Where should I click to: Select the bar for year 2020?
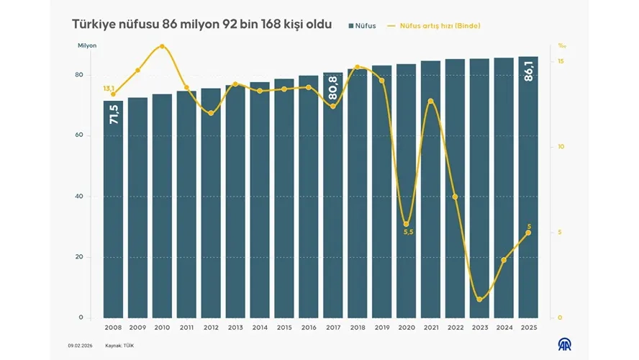pos(406,191)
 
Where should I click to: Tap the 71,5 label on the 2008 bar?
pos(114,114)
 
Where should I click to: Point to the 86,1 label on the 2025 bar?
pos(528,73)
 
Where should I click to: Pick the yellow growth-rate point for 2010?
pos(162,47)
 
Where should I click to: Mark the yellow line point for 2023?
pos(479,299)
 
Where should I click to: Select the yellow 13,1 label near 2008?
pos(109,88)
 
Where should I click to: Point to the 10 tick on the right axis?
pos(561,147)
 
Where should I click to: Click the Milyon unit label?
pos(87,46)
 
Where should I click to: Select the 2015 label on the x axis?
pos(284,328)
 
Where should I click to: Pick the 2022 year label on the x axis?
pos(455,328)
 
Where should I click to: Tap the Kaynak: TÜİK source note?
pos(119,346)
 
